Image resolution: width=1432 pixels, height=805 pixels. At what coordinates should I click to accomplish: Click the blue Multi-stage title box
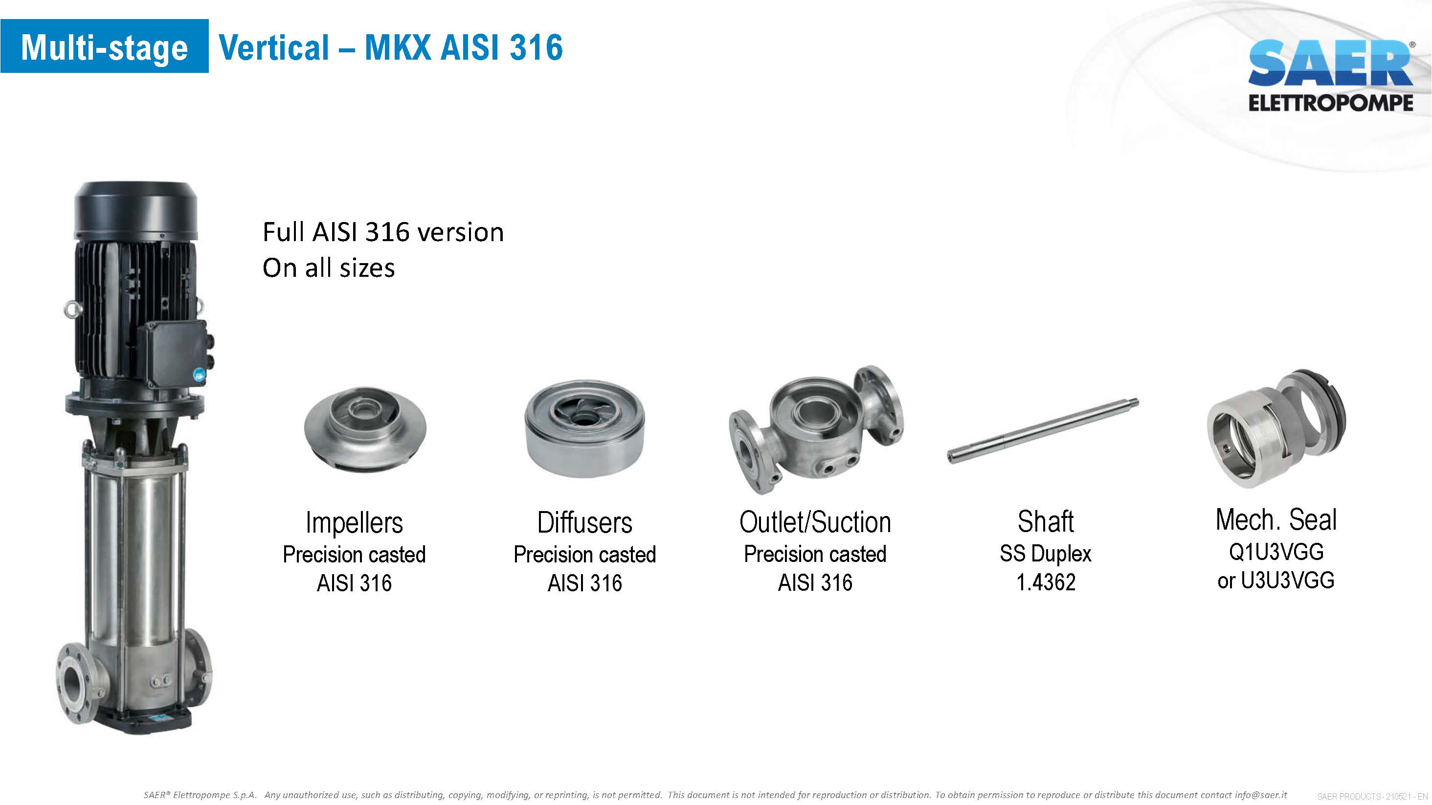click(x=105, y=46)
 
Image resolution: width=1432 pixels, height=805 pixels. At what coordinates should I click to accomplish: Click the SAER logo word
click(x=1330, y=63)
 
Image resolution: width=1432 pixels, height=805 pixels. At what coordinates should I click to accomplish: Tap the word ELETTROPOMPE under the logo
click(x=1330, y=103)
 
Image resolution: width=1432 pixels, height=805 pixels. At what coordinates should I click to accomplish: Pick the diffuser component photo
click(x=584, y=428)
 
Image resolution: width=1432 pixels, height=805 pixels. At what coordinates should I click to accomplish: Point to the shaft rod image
click(x=1043, y=431)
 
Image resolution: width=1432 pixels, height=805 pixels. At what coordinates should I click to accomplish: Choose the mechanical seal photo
click(x=1276, y=428)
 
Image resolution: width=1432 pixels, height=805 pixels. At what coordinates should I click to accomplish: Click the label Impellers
click(x=354, y=523)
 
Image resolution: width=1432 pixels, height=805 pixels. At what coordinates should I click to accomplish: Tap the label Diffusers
click(x=584, y=523)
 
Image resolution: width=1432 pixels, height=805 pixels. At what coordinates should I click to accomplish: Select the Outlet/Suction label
click(x=815, y=523)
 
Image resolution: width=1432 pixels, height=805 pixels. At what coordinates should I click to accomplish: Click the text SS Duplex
click(x=1045, y=554)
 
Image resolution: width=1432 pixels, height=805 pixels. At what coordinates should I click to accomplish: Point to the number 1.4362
click(x=1046, y=582)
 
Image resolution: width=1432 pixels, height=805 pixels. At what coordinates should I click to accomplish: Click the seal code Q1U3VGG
click(x=1276, y=552)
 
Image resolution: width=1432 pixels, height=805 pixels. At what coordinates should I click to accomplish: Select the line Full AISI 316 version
click(x=383, y=232)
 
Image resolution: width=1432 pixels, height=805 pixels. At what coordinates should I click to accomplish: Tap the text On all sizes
click(x=329, y=268)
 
